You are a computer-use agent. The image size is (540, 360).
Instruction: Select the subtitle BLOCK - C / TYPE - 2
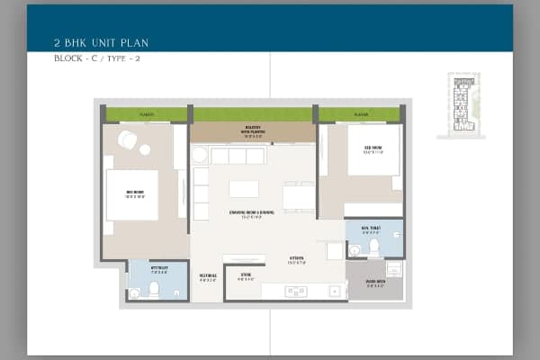[97, 59]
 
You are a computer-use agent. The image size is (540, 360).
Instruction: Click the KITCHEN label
[296, 261]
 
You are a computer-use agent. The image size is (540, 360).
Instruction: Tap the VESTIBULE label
[207, 277]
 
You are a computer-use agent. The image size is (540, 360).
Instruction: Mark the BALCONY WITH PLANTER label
[252, 128]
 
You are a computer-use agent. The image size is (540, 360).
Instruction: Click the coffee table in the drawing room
[244, 189]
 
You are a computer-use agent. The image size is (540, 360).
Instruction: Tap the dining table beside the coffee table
[299, 196]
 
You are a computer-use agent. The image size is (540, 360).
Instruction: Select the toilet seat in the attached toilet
[154, 290]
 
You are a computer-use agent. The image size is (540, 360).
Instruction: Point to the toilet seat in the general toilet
[355, 249]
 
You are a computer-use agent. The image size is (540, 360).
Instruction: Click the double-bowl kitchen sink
[296, 291]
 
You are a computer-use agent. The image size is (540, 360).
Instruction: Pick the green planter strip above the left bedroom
[146, 114]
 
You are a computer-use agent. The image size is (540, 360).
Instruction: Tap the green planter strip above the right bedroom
[359, 114]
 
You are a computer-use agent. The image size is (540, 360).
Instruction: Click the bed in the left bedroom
[131, 194]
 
